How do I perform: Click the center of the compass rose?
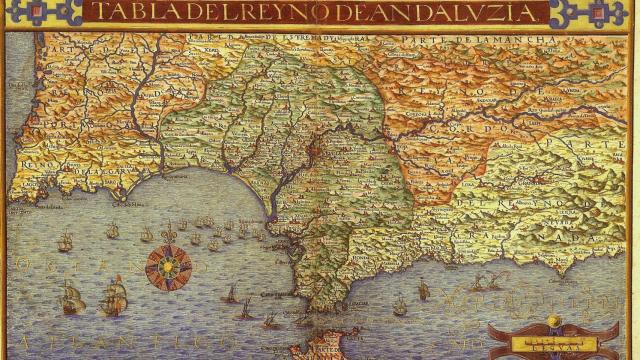click(x=168, y=267)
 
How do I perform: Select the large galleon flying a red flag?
click(x=114, y=295)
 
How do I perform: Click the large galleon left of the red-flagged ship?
click(x=72, y=297)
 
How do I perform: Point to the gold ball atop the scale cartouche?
click(x=553, y=321)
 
